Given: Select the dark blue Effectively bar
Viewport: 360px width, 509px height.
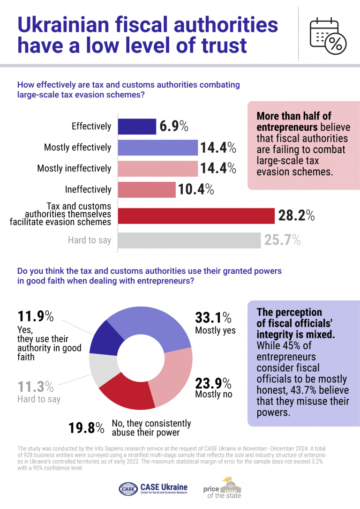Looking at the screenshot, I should [137, 127].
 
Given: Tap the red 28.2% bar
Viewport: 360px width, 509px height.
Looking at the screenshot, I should [196, 216].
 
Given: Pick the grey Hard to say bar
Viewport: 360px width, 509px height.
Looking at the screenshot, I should [189, 240].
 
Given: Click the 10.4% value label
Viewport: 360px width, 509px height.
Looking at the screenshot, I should [196, 189].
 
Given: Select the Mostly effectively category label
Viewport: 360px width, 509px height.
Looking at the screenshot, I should [78, 148].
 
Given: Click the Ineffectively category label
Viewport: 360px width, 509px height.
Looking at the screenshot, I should [88, 189].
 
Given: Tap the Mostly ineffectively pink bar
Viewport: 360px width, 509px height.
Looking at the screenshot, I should [157, 168].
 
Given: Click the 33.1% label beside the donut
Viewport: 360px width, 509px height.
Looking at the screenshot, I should [213, 318].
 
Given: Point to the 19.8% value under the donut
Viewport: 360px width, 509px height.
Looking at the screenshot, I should [86, 427].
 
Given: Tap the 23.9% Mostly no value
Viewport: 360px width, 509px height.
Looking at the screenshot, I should [213, 383].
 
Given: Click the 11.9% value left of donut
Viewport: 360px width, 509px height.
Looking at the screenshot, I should [35, 316].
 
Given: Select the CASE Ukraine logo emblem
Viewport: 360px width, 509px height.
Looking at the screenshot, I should [128, 489].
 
